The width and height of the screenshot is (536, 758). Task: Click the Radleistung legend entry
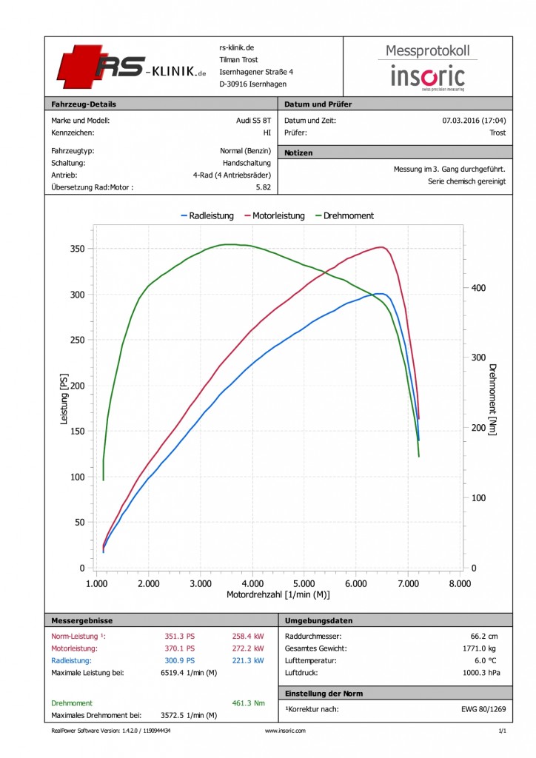pos(207,215)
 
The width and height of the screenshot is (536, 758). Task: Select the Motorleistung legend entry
pos(275,215)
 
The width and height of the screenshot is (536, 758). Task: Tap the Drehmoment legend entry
pos(344,215)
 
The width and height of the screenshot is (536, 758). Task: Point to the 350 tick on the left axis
pos(77,249)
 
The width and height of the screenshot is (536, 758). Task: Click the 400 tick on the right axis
pos(478,288)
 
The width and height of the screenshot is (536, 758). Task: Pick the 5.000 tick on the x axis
pos(304,583)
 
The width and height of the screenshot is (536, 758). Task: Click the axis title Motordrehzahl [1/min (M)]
pos(278,594)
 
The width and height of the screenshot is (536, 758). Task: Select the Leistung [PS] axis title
pos(64,399)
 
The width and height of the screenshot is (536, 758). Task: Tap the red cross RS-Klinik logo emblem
pos(79,67)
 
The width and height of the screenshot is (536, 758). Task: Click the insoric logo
pos(428,77)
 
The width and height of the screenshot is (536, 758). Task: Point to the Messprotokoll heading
pos(428,51)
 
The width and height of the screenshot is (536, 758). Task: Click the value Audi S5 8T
pos(254,121)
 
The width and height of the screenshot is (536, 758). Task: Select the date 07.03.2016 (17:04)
pos(474,121)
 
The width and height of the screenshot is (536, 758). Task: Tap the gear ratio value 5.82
pos(264,187)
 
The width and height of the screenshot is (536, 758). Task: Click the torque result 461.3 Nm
pos(249,703)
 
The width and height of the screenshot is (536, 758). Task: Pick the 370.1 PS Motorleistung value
pos(180,648)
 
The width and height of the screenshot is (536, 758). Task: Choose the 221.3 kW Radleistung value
pos(248,660)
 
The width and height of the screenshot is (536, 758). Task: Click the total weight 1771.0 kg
pos(480,648)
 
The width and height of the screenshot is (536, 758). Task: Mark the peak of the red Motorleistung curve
pos(382,247)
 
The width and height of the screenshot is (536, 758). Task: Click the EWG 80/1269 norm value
pos(483,709)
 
